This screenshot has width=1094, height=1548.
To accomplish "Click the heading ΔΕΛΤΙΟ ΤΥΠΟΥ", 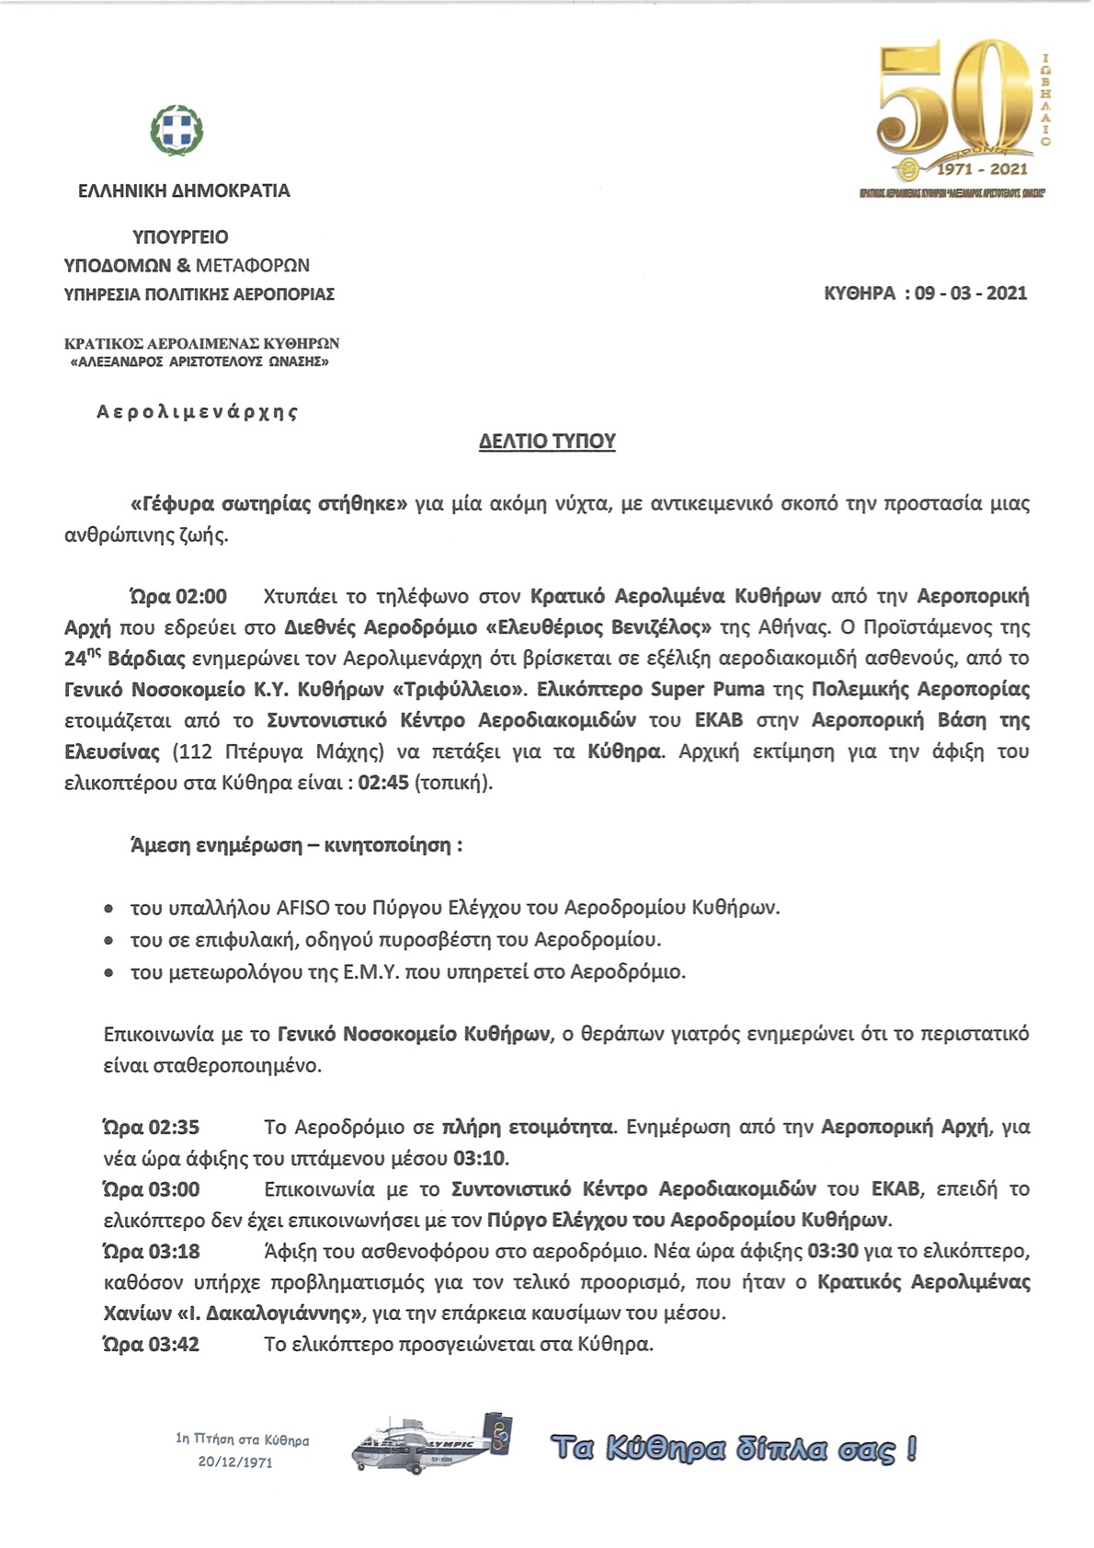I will [x=547, y=441].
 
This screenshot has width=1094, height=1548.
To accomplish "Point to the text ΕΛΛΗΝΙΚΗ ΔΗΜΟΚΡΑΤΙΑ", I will [x=184, y=191].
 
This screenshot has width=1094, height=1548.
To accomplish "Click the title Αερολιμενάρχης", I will [x=198, y=411].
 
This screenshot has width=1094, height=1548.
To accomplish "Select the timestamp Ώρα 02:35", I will [x=152, y=1127].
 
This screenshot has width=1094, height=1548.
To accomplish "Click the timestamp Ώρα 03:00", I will [x=152, y=1189].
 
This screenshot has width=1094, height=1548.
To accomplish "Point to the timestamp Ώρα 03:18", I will [x=152, y=1252].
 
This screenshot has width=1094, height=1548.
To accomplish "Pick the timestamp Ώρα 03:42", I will [x=152, y=1345].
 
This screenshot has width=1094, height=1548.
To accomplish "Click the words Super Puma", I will [x=707, y=690].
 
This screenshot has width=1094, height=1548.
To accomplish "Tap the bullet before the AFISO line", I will [x=109, y=909].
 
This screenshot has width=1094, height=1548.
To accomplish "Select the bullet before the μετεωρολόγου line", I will [x=109, y=972].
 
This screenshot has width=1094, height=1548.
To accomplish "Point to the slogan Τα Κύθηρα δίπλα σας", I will [x=733, y=1449].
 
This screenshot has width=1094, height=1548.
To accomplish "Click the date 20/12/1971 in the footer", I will [x=235, y=1462].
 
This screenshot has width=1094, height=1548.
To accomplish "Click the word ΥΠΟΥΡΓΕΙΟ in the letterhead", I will [x=181, y=237].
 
